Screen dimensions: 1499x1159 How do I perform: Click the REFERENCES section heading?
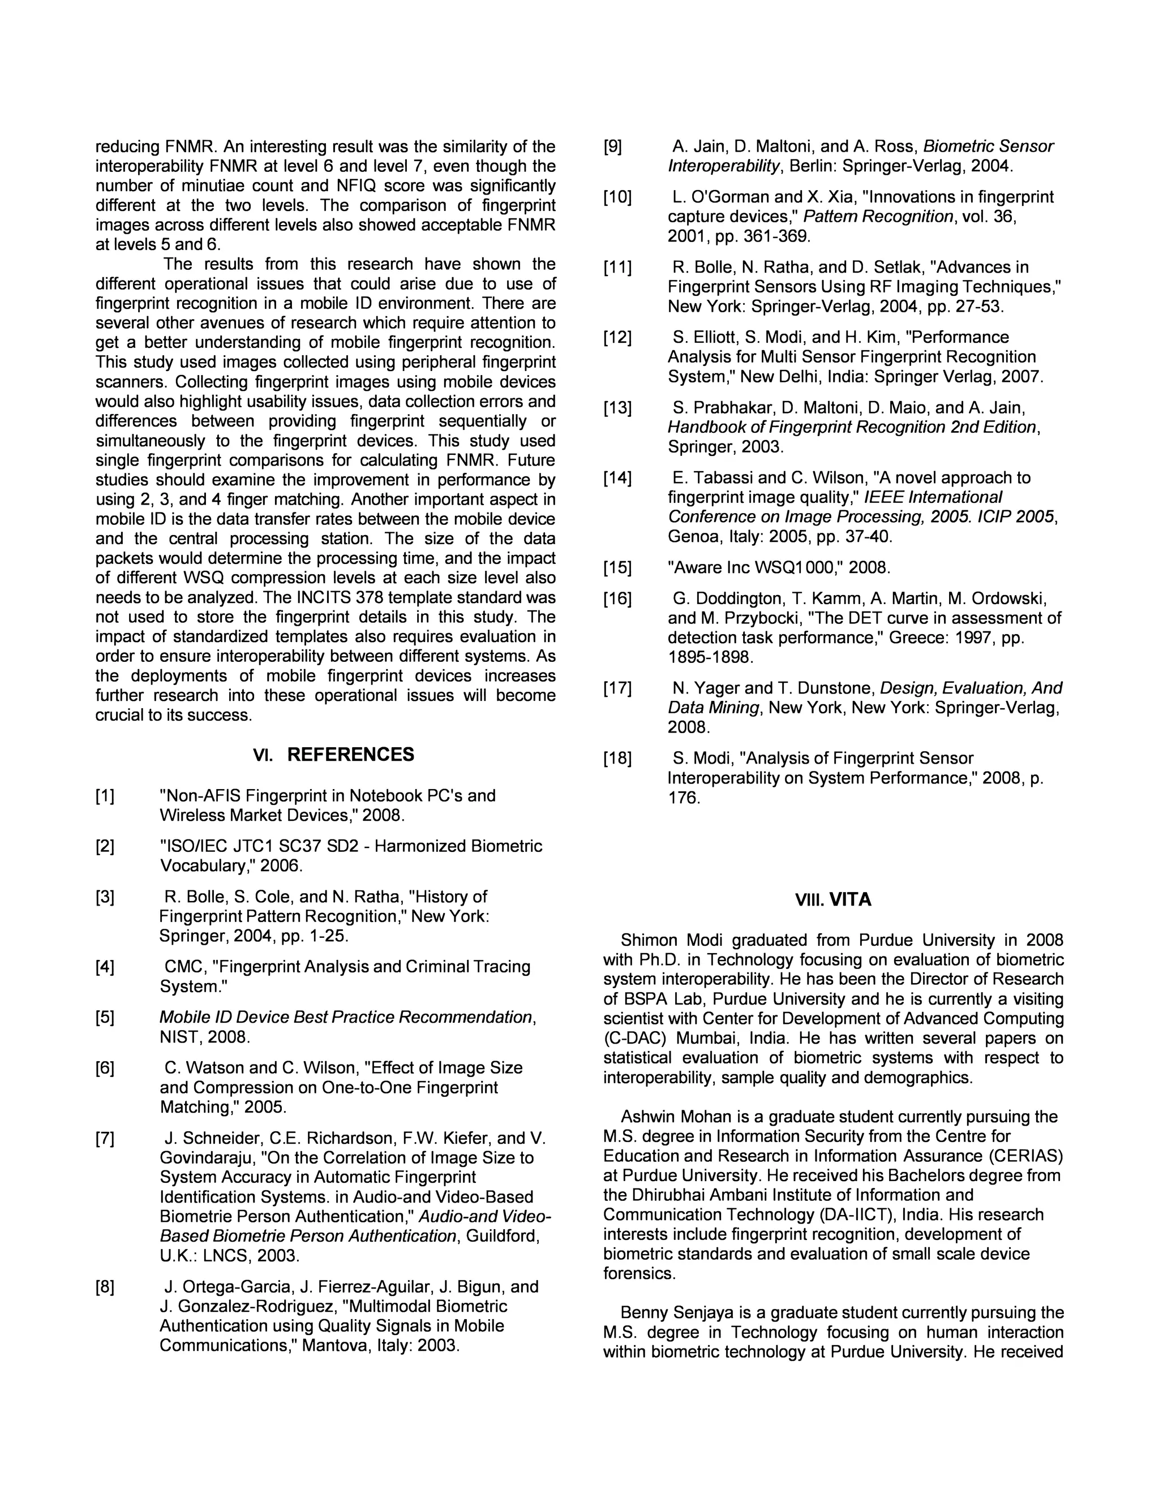[350, 755]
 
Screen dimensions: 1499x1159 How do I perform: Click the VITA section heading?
[850, 900]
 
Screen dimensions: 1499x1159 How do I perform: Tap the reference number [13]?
[617, 408]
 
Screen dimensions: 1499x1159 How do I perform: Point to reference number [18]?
[617, 759]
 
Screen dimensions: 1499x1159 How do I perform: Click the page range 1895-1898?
[710, 657]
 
